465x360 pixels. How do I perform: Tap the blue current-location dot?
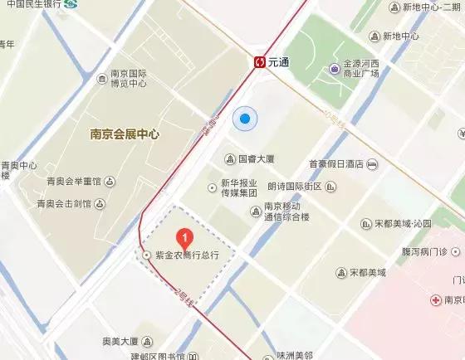(x=244, y=120)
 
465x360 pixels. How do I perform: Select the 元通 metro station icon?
(x=260, y=61)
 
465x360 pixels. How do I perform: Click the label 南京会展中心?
(x=125, y=133)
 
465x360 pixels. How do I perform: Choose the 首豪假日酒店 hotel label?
(x=342, y=164)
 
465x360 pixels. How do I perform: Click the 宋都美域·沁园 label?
(x=402, y=223)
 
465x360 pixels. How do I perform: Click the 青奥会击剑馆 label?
(x=63, y=203)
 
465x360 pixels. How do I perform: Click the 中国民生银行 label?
(x=36, y=4)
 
